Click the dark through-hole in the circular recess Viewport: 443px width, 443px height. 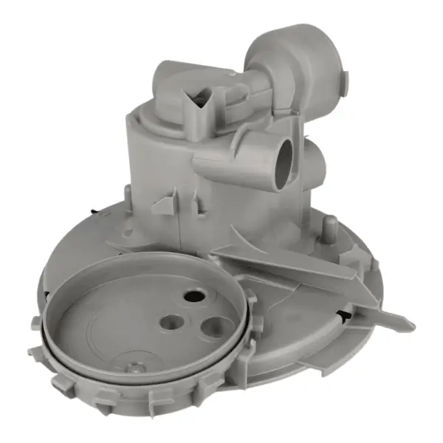coord(193,295)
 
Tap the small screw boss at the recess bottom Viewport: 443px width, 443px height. coord(134,365)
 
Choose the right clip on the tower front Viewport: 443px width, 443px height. coord(197,202)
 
